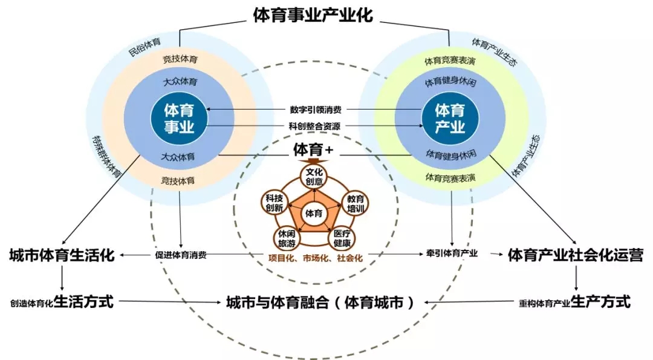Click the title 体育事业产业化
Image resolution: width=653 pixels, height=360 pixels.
coord(313,15)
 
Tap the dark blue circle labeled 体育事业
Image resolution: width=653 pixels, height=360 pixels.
coord(179,119)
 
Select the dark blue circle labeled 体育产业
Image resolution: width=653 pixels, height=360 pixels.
coord(450,119)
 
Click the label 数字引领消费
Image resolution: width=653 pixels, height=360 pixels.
coord(316,110)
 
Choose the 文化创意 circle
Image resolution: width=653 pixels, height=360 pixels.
coord(314,177)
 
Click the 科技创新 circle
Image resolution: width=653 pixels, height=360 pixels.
coord(274,203)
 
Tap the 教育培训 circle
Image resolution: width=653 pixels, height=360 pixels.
coord(356,204)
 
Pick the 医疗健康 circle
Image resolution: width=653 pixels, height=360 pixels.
coord(342,238)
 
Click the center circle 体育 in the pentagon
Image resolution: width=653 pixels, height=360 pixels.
coord(314,214)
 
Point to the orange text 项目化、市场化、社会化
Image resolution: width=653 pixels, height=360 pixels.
coord(315,258)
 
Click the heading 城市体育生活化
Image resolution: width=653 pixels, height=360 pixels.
coord(62,255)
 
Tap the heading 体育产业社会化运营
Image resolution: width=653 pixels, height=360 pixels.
coord(576,255)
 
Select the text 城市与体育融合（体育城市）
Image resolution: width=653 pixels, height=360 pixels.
coord(320,303)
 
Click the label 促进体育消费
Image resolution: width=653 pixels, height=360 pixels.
coord(181,255)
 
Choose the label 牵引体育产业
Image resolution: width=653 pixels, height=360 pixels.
coord(452,254)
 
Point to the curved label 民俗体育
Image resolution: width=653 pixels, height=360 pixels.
coord(145,47)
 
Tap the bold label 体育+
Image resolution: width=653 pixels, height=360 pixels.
coord(313,149)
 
